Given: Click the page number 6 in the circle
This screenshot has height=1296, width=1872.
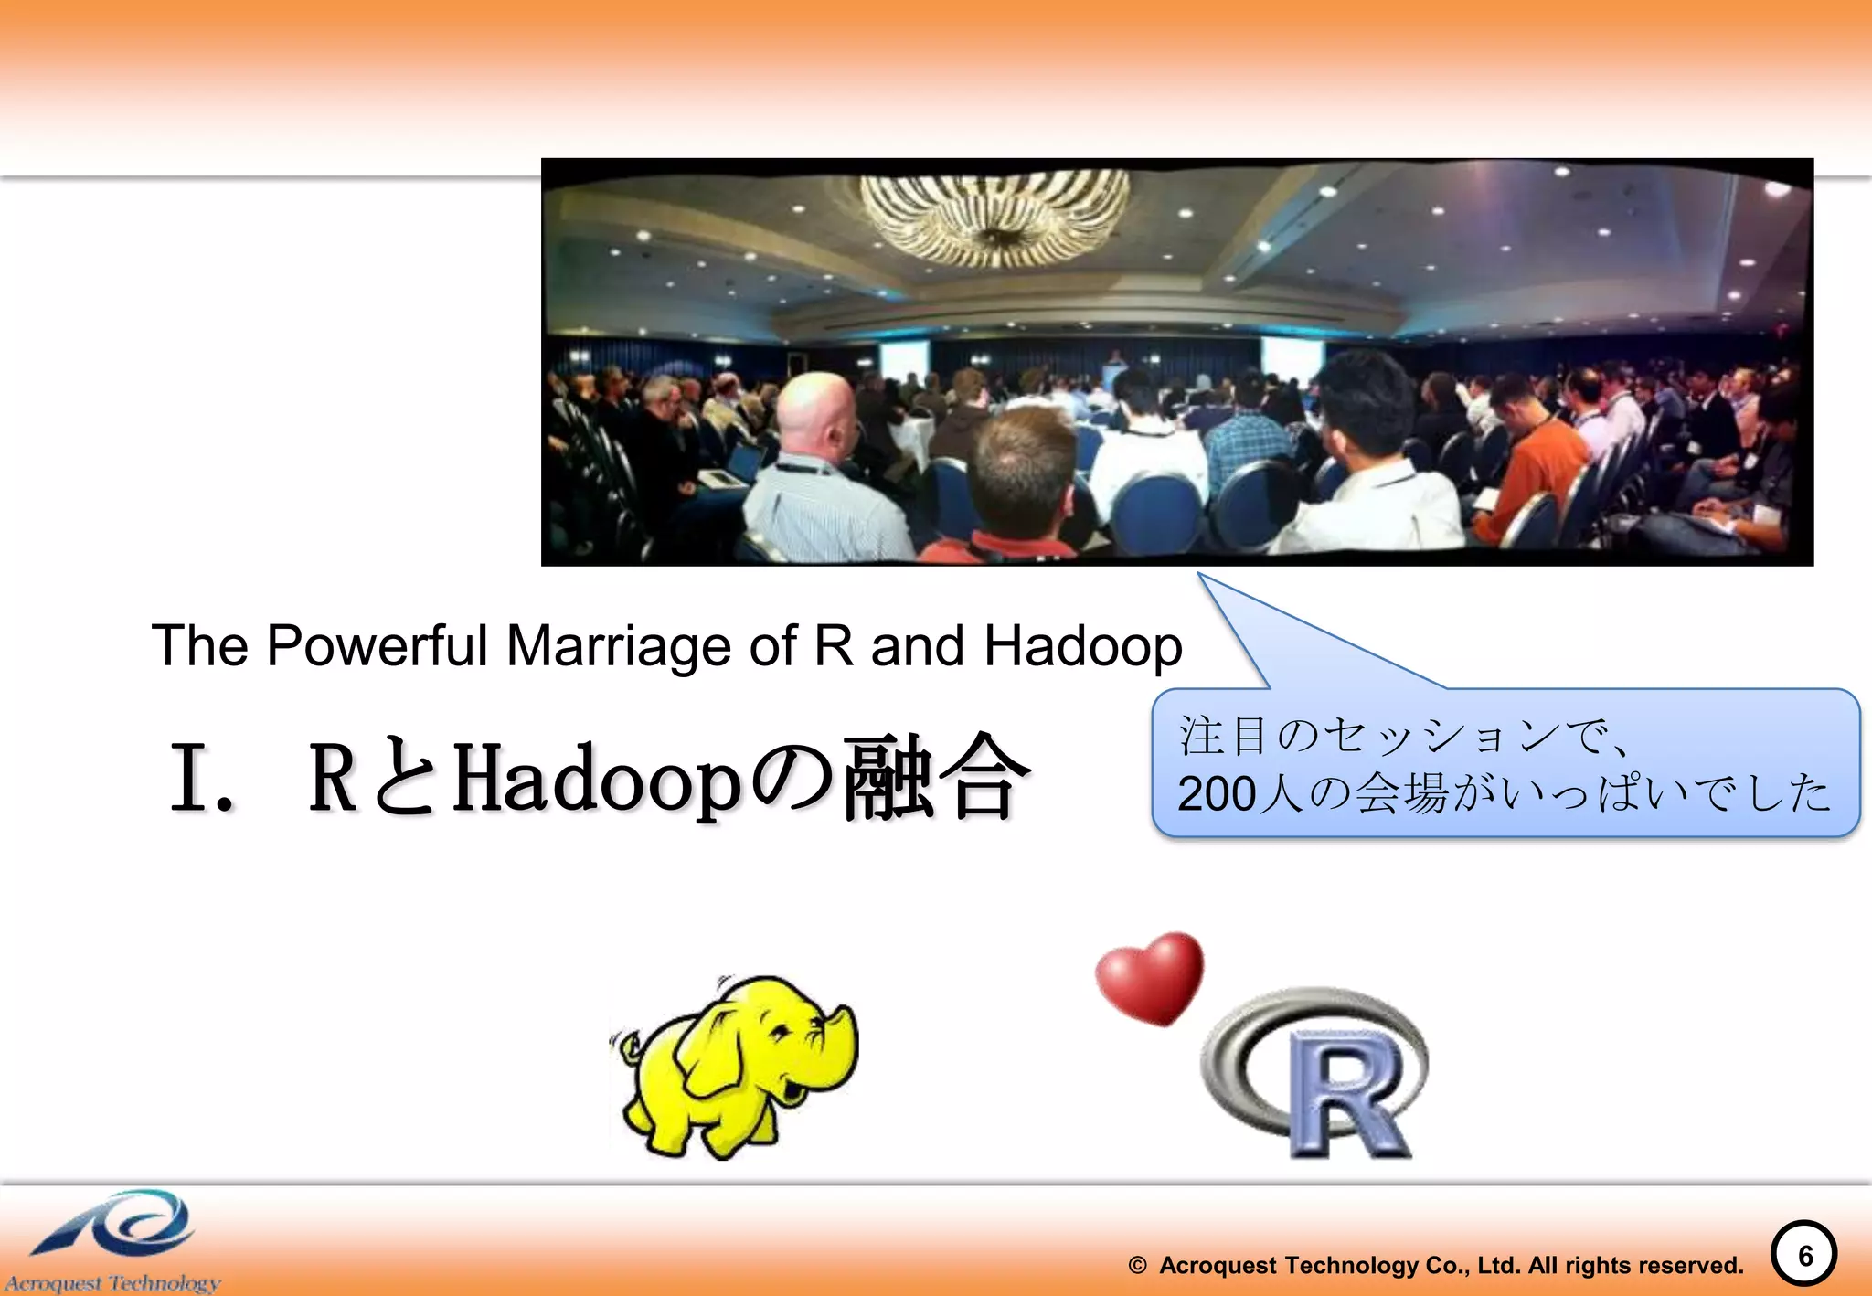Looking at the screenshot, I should pyautogui.click(x=1804, y=1256).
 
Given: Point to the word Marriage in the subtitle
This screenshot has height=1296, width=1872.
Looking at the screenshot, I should pyautogui.click(x=619, y=645).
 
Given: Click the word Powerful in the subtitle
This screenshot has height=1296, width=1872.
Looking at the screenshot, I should pyautogui.click(x=377, y=645).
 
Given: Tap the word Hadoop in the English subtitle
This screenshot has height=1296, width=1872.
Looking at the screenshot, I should pyautogui.click(x=1082, y=647).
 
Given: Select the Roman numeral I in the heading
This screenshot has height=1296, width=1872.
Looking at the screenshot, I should pyautogui.click(x=190, y=778).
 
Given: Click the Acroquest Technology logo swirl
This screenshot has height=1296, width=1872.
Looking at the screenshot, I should pyautogui.click(x=119, y=1225).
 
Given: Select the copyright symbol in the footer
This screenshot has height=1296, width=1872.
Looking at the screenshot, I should pyautogui.click(x=1137, y=1266).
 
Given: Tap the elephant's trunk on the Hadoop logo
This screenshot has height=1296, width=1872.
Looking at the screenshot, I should pyautogui.click(x=843, y=1042).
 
